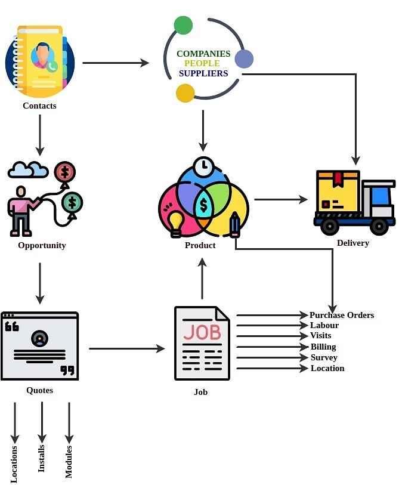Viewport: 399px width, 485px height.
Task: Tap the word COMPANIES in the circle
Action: point(203,54)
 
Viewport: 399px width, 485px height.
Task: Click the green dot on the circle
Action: point(183,25)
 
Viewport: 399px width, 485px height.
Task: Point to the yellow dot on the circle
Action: point(185,93)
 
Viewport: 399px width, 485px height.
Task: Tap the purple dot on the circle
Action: point(244,58)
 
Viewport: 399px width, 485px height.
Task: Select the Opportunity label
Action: point(42,245)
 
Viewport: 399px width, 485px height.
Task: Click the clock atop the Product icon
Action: point(203,165)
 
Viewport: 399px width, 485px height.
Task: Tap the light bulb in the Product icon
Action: point(175,221)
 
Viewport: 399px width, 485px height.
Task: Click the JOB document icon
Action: point(202,343)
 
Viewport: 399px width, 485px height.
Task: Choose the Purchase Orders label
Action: point(342,315)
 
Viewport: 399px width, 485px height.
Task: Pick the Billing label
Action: point(323,347)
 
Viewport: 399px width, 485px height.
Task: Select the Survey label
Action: point(324,357)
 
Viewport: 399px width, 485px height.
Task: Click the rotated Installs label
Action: point(42,458)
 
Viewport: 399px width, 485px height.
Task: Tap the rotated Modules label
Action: point(69,461)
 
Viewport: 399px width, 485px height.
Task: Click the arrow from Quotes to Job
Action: point(126,348)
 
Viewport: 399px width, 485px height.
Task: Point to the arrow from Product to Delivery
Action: point(280,200)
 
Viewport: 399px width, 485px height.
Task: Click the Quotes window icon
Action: point(40,345)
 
